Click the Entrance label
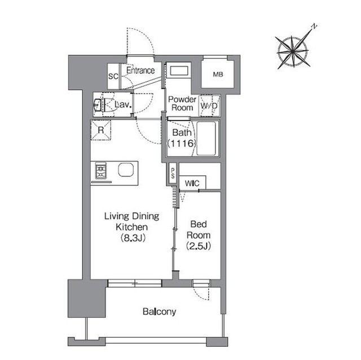point(140,70)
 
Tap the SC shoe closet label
point(113,76)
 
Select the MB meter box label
point(218,74)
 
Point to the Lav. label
point(123,105)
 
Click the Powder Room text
point(182,104)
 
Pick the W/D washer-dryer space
point(209,105)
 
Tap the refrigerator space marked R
point(101,130)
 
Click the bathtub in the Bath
point(206,139)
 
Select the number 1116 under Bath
point(182,144)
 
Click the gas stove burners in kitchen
point(101,171)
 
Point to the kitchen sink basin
point(126,170)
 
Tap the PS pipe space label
point(173,174)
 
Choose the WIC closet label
point(192,184)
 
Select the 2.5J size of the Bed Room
point(199,246)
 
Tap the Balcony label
point(159,312)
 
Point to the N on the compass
point(314,26)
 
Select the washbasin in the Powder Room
point(179,70)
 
